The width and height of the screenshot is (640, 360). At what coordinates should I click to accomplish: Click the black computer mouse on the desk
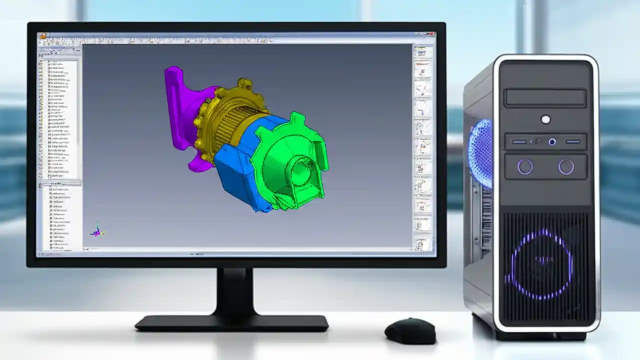point(409,330)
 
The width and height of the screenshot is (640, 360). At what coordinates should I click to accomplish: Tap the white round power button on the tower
point(545,119)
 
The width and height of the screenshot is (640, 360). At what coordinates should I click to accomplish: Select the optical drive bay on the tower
point(545,98)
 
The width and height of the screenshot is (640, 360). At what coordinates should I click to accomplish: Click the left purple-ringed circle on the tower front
point(525,166)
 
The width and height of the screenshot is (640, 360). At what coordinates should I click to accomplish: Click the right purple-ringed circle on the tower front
point(566,166)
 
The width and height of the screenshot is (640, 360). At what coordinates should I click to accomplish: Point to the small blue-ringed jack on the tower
point(552,142)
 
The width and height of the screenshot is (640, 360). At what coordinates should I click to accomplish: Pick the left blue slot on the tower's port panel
point(519,142)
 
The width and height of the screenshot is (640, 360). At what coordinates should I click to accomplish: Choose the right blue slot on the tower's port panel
point(573,142)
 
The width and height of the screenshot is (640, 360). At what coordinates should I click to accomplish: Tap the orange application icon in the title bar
point(43,36)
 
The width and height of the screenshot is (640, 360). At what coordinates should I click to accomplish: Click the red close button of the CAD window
point(432,35)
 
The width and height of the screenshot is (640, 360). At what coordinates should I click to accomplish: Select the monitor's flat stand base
point(231,322)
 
